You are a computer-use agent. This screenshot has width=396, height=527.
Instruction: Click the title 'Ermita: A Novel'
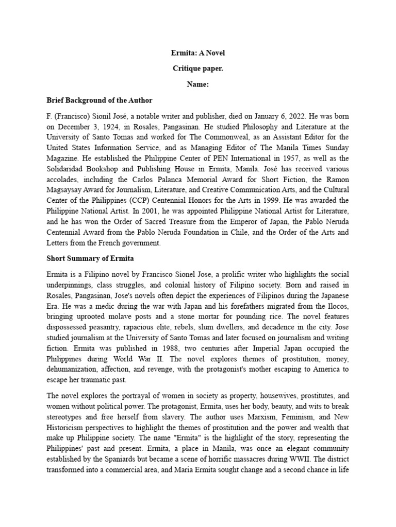(198, 53)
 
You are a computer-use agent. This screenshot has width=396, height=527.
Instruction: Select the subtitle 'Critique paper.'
(198, 68)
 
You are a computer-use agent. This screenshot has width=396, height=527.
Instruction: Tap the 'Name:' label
(198, 84)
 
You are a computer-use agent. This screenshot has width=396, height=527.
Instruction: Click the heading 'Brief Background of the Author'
(100, 100)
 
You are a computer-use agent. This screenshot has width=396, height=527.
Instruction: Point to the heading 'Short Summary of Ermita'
(90, 259)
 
